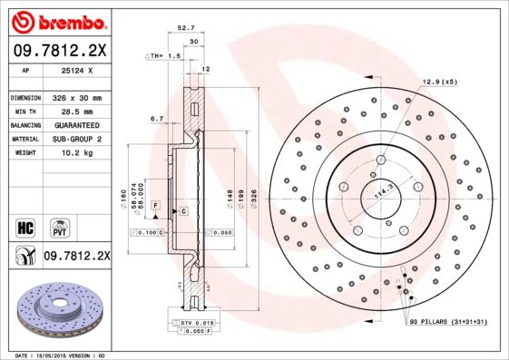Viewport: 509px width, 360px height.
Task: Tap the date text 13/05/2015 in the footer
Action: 65,355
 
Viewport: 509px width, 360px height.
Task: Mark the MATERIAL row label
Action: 24,139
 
